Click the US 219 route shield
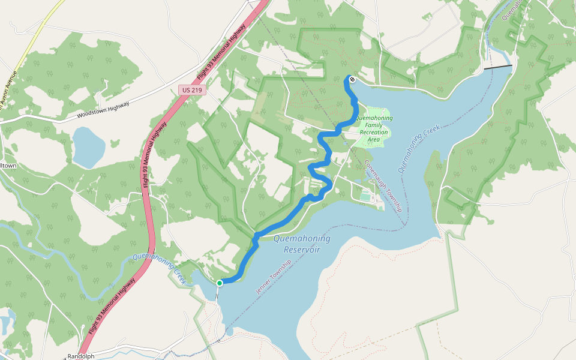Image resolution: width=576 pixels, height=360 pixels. (192, 90)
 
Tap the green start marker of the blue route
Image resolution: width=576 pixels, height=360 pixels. (220, 283)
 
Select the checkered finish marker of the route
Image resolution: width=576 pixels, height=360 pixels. (352, 79)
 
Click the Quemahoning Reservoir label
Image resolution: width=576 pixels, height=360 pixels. (302, 243)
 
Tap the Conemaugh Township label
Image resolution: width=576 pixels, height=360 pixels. (382, 186)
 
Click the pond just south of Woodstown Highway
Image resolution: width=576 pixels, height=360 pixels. (88, 147)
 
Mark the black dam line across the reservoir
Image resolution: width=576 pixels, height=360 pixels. (498, 67)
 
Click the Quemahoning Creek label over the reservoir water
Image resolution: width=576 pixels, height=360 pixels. (419, 148)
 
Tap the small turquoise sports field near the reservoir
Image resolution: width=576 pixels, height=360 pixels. (365, 196)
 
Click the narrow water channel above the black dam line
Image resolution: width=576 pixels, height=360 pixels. (490, 48)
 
